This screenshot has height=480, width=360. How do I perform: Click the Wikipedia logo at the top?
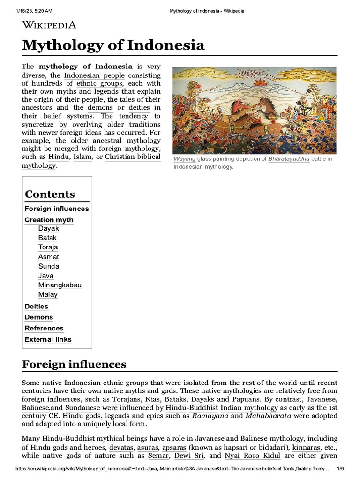point(49,25)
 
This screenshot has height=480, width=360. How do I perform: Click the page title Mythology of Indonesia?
point(113,45)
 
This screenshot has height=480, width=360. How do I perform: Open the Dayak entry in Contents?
point(49,228)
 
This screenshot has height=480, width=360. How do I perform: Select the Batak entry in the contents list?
point(47,238)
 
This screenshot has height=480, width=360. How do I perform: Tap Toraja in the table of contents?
point(48,247)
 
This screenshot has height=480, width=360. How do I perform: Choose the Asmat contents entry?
point(49,257)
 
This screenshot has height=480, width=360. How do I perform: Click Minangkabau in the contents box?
point(60,285)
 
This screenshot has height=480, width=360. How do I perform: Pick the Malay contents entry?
point(48,294)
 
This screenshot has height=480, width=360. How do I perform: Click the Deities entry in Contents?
point(37,306)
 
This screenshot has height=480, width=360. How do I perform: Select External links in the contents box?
point(48,339)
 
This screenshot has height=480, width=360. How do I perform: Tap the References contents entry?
point(44,328)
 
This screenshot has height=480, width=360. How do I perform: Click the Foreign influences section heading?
point(74,364)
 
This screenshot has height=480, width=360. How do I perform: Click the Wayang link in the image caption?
point(184,159)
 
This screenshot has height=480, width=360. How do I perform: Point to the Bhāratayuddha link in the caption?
point(289,159)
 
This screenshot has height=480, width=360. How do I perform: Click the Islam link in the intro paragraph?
point(83,157)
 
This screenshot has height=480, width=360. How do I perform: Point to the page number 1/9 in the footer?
point(341,474)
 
